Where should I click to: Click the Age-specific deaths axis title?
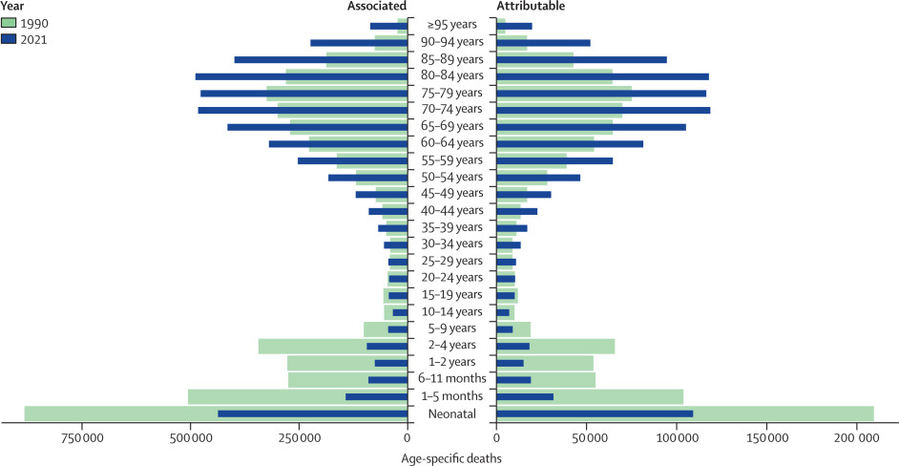tap(451, 456)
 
